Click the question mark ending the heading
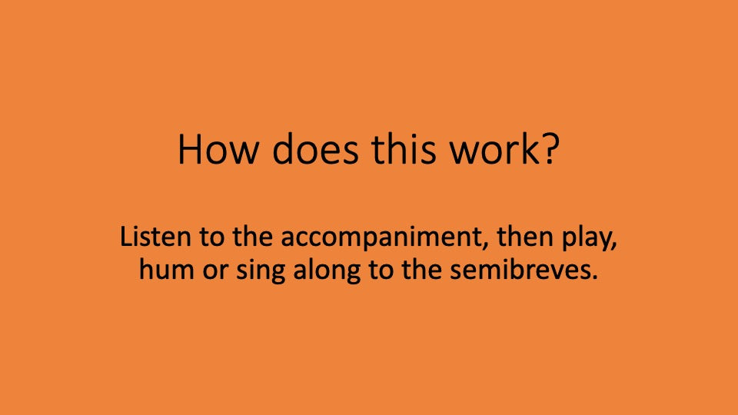pyautogui.click(x=550, y=151)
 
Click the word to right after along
pyautogui.click(x=372, y=271)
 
